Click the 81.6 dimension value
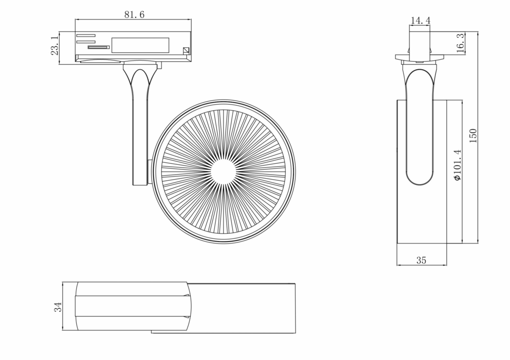click(134, 14)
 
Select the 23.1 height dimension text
click(55, 45)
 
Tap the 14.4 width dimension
click(420, 20)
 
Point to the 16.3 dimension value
click(460, 43)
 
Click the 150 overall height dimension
click(473, 136)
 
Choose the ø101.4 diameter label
click(457, 165)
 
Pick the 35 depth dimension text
click(421, 260)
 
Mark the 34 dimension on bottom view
click(58, 307)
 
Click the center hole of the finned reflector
click(223, 172)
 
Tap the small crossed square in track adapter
click(186, 50)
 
